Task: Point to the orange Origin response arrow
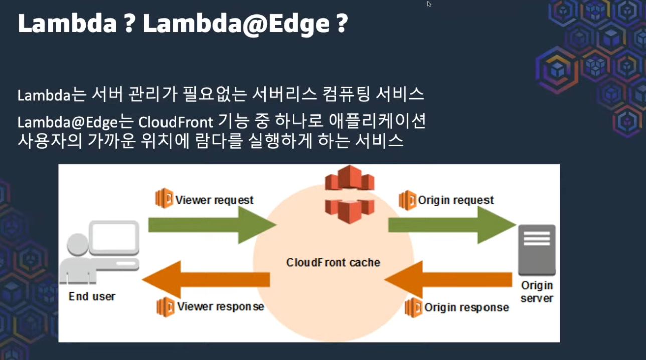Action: pos(446,280)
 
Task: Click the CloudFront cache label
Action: pos(333,262)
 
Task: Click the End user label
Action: pos(92,296)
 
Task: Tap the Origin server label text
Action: pos(537,292)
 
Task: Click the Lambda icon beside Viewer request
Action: pos(164,199)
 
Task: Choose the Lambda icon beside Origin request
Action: pos(407,200)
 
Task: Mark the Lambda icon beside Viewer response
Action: pos(166,306)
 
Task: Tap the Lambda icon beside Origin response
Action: pos(413,307)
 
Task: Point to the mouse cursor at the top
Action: pos(429,4)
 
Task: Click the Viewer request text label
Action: pos(214,200)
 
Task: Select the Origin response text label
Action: pos(466,307)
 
